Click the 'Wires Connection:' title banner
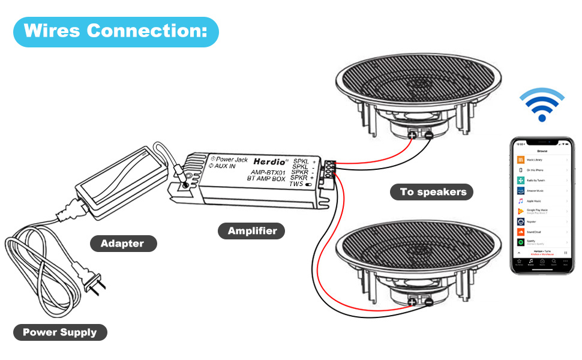point(115,31)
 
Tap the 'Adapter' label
point(122,244)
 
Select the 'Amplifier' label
point(252,230)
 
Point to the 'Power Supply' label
point(59,332)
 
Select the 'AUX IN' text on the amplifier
point(224,166)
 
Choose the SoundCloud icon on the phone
point(521,231)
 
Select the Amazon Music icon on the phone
point(521,190)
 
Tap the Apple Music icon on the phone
point(521,200)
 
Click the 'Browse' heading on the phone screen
point(542,152)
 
